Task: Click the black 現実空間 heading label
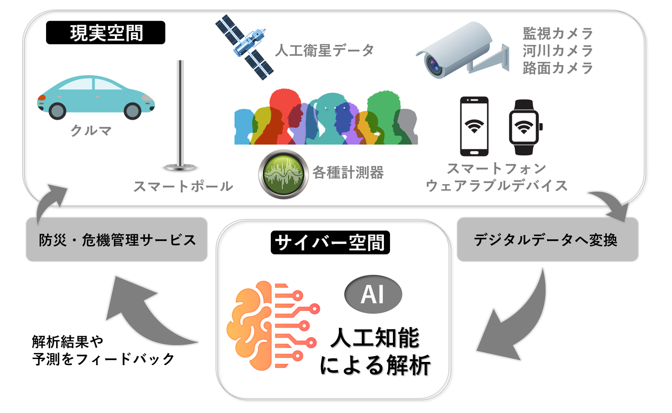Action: (x=105, y=33)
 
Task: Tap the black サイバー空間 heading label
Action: (x=330, y=242)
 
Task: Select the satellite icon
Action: (x=244, y=47)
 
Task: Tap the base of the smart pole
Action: (x=180, y=167)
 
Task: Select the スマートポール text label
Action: (x=183, y=186)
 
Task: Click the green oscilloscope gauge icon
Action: (x=283, y=174)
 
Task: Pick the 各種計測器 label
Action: (x=348, y=172)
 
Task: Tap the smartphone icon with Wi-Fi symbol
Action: (x=474, y=126)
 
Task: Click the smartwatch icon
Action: (x=524, y=127)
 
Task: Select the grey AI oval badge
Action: (x=373, y=294)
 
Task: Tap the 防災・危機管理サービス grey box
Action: (x=117, y=239)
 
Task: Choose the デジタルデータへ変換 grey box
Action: (x=547, y=239)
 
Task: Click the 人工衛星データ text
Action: (x=324, y=50)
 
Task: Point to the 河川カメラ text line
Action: (x=557, y=51)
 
